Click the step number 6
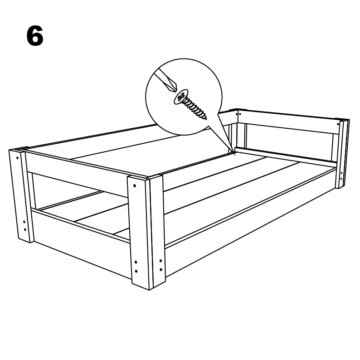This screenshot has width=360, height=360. (x=35, y=36)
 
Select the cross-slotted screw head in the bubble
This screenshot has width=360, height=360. (x=181, y=97)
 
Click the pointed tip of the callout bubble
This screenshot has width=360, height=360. (x=235, y=156)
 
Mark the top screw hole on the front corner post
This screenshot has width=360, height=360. (x=135, y=185)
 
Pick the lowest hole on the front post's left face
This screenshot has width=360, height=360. (x=136, y=271)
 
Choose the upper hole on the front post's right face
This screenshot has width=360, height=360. (x=161, y=261)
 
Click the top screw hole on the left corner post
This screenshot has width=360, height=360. (x=17, y=158)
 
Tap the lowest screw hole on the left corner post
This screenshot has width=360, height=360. (x=25, y=229)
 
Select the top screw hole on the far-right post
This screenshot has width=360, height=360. (x=338, y=124)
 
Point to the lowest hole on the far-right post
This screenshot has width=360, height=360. (x=341, y=179)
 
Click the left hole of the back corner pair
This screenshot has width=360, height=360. (x=237, y=114)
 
